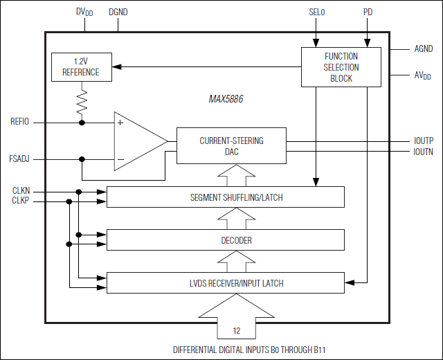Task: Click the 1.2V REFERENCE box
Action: (x=81, y=67)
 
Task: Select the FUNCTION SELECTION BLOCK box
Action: (x=341, y=67)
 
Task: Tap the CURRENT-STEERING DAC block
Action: (x=231, y=145)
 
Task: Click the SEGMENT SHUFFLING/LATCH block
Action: (x=226, y=197)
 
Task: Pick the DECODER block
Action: (x=226, y=240)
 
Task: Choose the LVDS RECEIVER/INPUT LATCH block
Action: (x=226, y=282)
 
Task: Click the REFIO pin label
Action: (x=20, y=123)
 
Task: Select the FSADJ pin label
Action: (x=20, y=159)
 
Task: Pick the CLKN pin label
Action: (x=21, y=191)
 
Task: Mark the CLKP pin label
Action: (x=21, y=201)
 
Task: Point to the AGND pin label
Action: (x=422, y=49)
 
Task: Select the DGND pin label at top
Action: (x=118, y=12)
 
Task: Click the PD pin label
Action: (x=368, y=12)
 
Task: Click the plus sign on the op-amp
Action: (x=120, y=123)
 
